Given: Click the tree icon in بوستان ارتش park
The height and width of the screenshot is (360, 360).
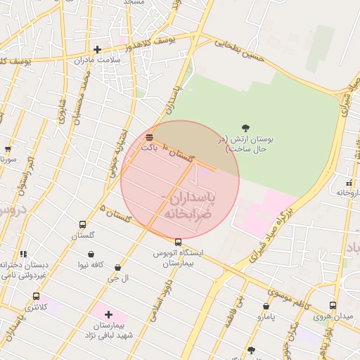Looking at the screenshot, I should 245,127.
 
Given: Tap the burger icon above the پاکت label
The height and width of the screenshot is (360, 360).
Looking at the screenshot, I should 149,136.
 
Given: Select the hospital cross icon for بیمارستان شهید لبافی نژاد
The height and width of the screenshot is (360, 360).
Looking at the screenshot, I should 108,314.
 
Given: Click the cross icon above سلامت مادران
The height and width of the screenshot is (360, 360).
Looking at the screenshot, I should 97,49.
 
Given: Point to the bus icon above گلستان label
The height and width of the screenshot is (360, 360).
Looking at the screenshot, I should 82,225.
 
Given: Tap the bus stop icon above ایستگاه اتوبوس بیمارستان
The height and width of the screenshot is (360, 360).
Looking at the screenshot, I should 177,241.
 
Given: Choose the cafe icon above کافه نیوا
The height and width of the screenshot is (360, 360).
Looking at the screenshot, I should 91,254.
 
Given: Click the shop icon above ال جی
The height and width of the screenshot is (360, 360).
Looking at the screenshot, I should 117,267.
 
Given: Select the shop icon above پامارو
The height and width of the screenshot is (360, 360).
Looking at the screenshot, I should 266,306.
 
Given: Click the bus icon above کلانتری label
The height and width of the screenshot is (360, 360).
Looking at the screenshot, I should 36,296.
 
